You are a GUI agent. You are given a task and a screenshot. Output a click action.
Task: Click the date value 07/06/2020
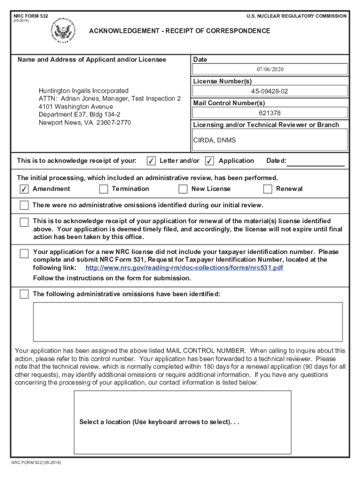270,69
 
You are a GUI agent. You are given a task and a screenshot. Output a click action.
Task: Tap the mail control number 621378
270,113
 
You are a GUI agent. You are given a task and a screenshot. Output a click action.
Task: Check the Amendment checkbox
24,189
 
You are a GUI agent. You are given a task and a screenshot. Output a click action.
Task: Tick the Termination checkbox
104,189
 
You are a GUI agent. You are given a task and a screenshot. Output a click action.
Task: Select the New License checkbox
183,189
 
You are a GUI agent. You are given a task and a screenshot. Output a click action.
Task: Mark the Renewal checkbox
268,189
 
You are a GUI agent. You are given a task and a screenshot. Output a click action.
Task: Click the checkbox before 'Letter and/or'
151,161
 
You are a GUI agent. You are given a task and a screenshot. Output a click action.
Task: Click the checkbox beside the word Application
209,161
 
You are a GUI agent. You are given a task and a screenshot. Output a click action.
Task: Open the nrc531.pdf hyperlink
184,268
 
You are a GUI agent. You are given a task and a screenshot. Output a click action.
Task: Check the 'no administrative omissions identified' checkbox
24,205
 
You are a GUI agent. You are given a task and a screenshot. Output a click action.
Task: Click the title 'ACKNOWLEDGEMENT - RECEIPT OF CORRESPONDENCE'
180,31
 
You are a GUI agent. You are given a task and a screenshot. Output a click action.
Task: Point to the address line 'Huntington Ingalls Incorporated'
84,90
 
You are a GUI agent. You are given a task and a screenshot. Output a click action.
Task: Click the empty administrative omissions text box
187,322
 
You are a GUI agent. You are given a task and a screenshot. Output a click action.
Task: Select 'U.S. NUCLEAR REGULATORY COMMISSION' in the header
296,16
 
